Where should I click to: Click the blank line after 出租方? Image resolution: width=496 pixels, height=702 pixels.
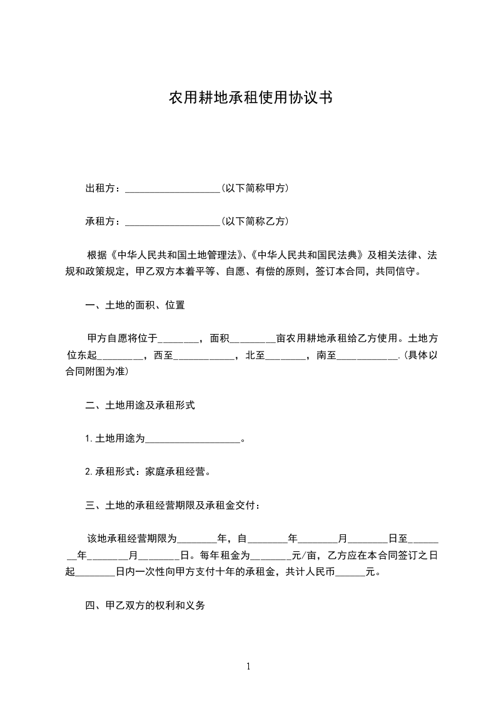pyautogui.click(x=172, y=189)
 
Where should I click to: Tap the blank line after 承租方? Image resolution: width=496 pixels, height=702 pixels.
pyautogui.click(x=172, y=222)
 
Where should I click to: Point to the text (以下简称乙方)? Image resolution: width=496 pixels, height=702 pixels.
pyautogui.click(x=255, y=221)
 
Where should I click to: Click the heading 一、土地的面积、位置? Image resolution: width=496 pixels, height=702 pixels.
pyautogui.click(x=134, y=305)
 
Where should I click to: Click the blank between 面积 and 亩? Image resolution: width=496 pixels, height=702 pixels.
pyautogui.click(x=252, y=340)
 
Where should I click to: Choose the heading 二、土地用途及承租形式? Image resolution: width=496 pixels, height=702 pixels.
pyautogui.click(x=140, y=405)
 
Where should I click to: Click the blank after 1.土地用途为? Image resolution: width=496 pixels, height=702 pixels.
pyautogui.click(x=193, y=440)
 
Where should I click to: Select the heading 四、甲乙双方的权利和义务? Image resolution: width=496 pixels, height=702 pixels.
pyautogui.click(x=145, y=606)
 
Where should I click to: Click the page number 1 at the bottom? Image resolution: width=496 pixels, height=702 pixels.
pyautogui.click(x=248, y=666)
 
